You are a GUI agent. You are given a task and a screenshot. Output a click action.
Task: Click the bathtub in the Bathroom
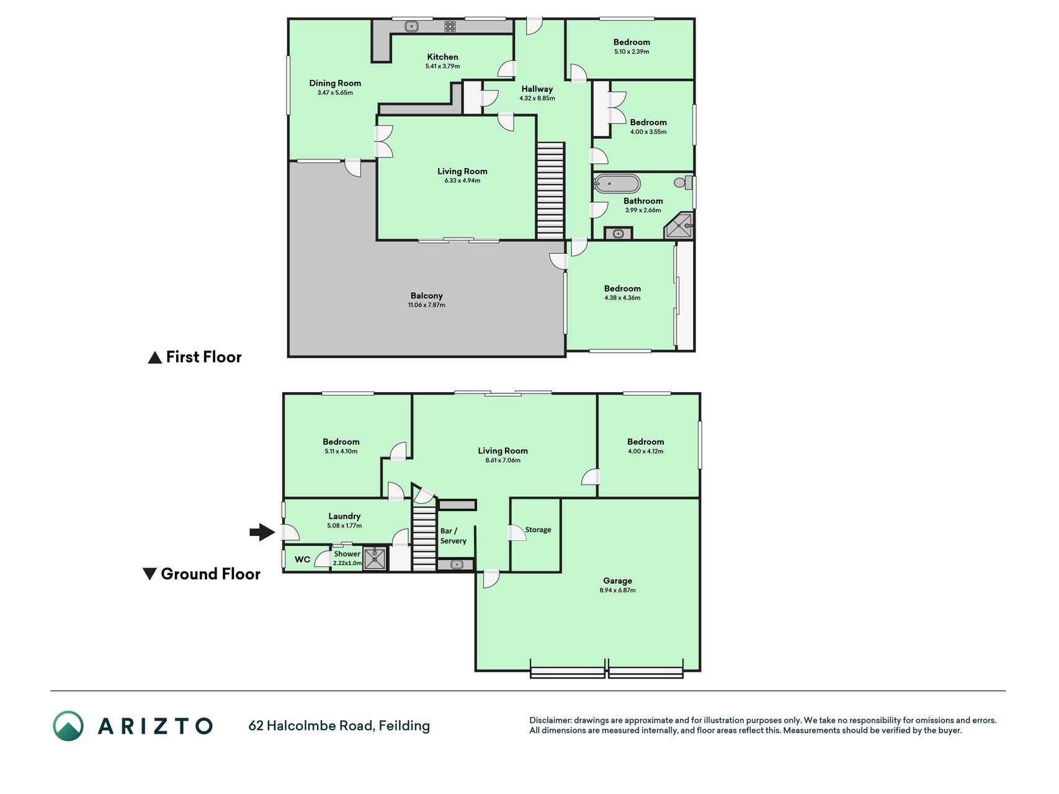point(617,184)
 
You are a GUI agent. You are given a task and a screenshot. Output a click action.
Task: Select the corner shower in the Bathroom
point(679,226)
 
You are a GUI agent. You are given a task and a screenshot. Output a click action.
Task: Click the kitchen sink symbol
point(411,26)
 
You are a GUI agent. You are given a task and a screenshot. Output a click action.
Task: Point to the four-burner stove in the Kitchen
point(450,26)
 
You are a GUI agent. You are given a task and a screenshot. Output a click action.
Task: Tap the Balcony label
point(427,296)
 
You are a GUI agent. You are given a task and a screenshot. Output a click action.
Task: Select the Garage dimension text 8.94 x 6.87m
point(618,591)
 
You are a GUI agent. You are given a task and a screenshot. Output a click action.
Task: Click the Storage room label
point(538,530)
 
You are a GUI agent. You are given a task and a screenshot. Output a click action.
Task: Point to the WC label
point(302,560)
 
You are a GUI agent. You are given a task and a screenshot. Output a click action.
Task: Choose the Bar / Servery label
point(453,536)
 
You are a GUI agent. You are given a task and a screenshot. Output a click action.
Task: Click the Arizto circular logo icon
point(68,726)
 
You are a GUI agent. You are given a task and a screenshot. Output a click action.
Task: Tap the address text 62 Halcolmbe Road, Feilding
point(339,726)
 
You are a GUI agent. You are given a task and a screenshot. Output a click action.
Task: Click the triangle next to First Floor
point(154,357)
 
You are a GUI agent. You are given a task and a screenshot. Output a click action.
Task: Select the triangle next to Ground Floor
point(150,574)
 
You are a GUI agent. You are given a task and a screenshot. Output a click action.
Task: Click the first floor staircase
point(550,191)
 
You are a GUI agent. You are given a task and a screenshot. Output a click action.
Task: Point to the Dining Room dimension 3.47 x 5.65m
point(335,93)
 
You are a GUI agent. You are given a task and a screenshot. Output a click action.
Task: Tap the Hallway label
point(537,89)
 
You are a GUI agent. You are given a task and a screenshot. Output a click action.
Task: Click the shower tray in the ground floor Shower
point(375,559)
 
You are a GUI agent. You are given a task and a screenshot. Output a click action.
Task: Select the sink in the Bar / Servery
point(455,564)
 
